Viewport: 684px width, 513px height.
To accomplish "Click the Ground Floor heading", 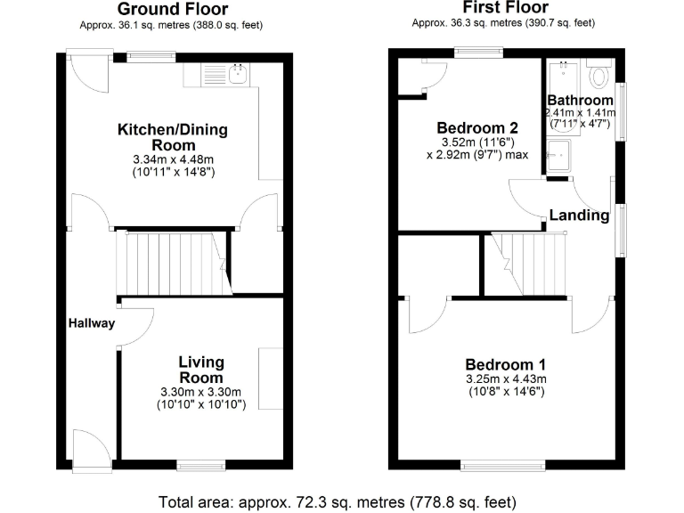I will (174, 10).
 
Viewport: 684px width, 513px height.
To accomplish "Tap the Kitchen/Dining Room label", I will (173, 137).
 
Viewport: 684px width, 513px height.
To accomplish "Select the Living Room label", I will (200, 370).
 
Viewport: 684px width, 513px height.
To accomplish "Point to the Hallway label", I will (92, 323).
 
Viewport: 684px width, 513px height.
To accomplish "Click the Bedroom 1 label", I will (506, 364).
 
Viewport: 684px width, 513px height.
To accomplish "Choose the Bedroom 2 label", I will (477, 127).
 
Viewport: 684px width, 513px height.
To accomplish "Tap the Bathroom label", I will (580, 100).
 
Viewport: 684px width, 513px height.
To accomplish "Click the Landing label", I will (579, 215).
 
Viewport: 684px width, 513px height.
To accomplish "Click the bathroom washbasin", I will (561, 156).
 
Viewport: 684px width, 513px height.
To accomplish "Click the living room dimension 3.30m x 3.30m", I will (200, 393).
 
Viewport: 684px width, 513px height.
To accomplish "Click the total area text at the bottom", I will (337, 501).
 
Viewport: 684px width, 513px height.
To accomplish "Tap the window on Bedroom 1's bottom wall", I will (502, 466).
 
